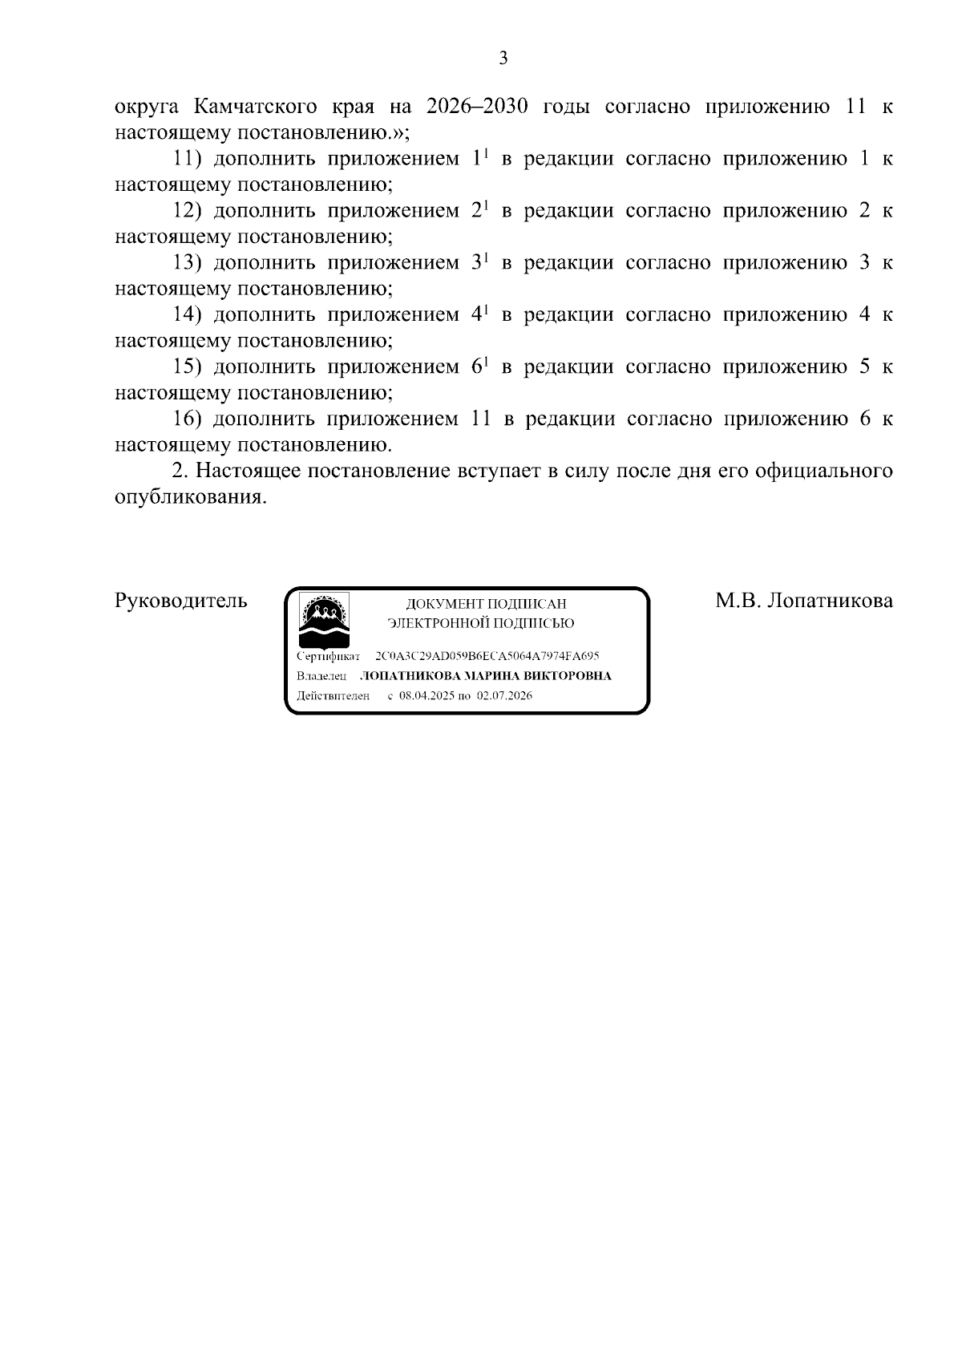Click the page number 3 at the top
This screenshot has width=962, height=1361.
503,59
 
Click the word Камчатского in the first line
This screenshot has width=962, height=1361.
255,107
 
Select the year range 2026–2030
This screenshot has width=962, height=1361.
477,107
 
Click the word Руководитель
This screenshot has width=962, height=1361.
181,601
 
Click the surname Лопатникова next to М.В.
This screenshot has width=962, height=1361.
829,601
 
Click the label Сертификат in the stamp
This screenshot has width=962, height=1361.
329,656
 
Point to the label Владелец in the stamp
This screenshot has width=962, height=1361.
321,676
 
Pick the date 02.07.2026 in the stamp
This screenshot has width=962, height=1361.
504,696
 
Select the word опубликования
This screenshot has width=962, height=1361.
189,497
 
